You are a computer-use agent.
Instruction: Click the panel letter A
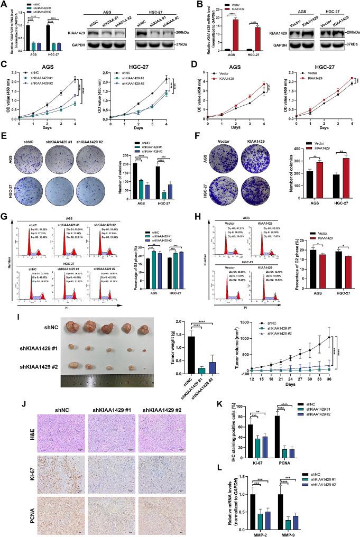[4, 5]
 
